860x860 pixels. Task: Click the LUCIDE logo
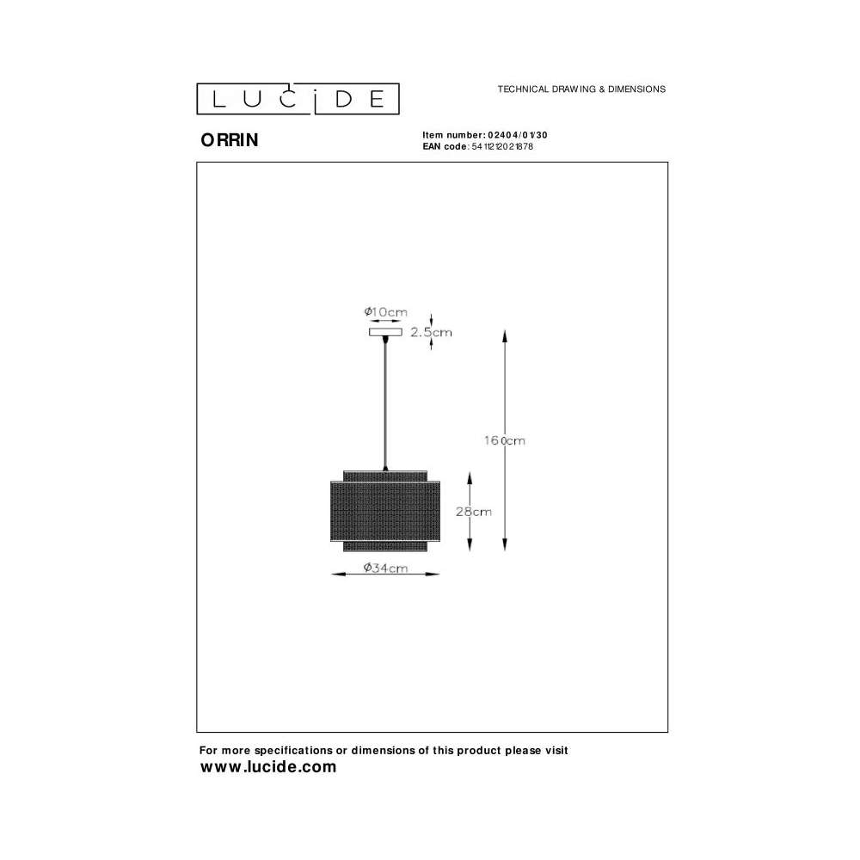(298, 99)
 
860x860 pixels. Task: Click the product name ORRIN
(230, 140)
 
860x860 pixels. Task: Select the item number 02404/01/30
(517, 135)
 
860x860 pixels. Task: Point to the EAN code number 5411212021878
(502, 146)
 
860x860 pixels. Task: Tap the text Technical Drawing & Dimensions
(581, 89)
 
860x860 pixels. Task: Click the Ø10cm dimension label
(385, 312)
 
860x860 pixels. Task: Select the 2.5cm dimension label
(431, 332)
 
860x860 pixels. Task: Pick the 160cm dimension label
(504, 440)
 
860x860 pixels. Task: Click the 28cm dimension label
(473, 512)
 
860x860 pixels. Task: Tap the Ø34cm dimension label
(385, 568)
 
